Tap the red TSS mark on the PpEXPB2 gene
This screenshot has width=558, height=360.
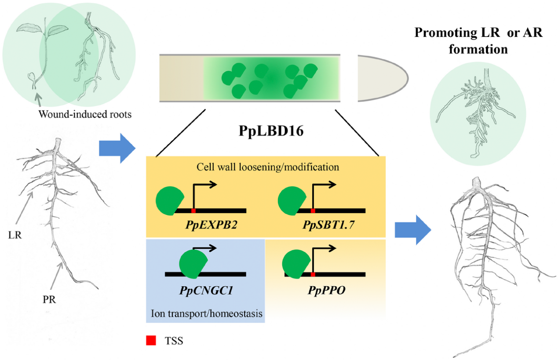pos(193,211)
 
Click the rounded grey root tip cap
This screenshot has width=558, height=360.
pos(381,78)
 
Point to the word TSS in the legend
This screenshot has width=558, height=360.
pos(174,340)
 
